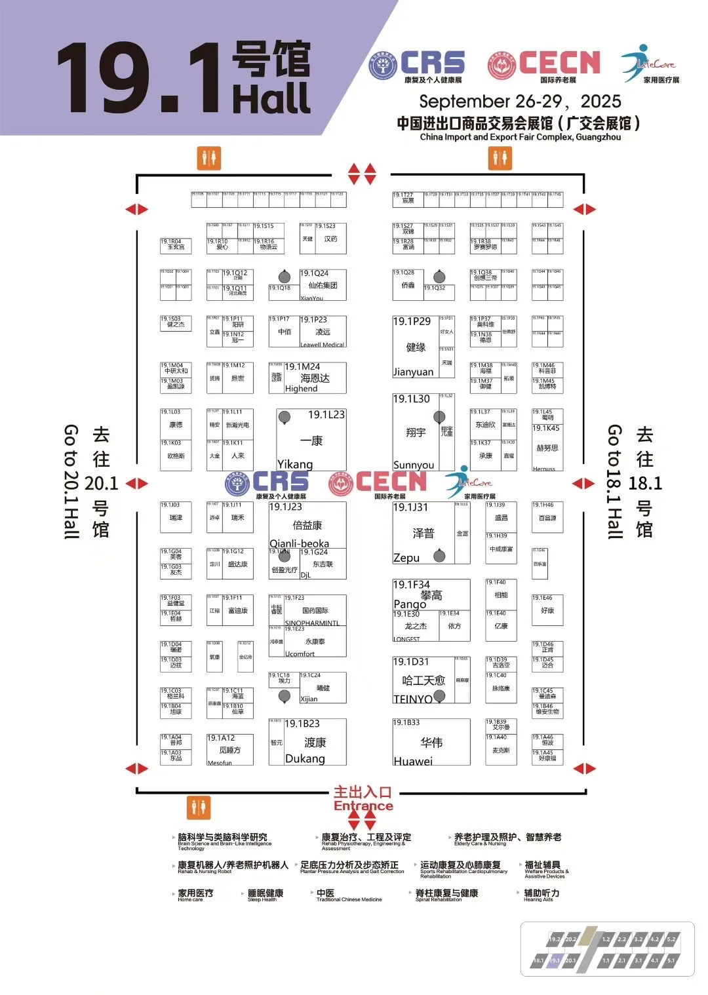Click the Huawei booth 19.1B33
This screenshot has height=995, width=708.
click(431, 743)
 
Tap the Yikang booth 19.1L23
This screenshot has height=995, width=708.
click(311, 440)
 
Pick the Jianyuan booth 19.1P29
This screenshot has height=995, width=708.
click(416, 347)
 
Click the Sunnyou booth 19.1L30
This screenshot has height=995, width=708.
click(416, 432)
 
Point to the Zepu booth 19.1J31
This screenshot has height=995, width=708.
click(423, 533)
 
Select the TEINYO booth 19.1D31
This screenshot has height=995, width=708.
click(423, 681)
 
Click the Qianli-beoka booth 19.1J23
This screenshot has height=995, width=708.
click(307, 525)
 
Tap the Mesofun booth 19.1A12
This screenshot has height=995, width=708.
click(229, 749)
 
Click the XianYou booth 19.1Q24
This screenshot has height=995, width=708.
click(323, 286)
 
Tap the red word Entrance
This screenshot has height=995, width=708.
click(363, 806)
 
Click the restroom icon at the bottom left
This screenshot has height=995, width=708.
click(199, 808)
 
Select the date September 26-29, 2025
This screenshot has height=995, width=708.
click(520, 102)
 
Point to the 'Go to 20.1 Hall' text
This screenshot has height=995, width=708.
click(71, 481)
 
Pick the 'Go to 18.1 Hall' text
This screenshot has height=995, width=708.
click(614, 481)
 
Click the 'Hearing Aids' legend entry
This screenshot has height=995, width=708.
click(541, 895)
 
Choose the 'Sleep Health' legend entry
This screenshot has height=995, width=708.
click(265, 895)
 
